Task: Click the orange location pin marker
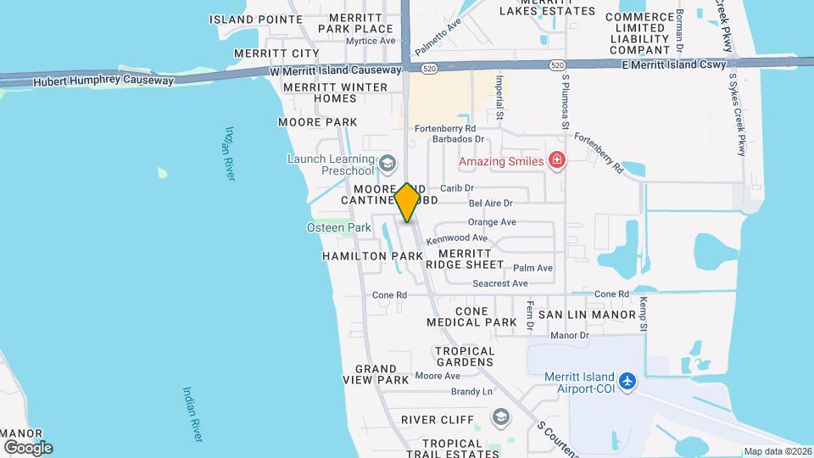(407, 203)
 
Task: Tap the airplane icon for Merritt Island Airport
(627, 382)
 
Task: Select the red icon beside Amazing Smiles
(557, 160)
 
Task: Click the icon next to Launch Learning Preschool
(387, 164)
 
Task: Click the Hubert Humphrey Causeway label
(103, 81)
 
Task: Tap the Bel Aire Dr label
(491, 204)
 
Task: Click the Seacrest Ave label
(500, 283)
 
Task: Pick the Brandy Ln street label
(471, 392)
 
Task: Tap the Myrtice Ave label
(371, 41)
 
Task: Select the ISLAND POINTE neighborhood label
(255, 19)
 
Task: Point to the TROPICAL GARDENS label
(465, 356)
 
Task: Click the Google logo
(28, 447)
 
